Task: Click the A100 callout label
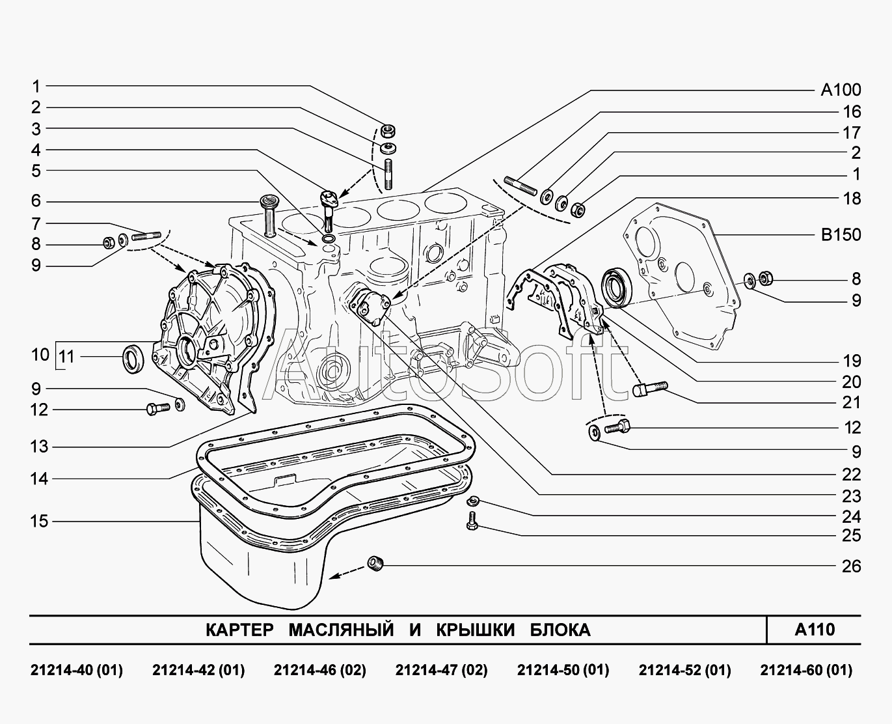point(841,90)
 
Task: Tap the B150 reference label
point(841,234)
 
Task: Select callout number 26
point(852,566)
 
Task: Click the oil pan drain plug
point(375,563)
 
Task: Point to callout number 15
point(39,522)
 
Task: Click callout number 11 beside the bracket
point(66,357)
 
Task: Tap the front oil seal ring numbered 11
point(133,359)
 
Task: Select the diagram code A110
point(815,630)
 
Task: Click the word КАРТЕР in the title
point(239,630)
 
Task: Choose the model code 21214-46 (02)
point(320,671)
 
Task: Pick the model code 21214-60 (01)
point(806,671)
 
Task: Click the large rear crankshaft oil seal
point(617,288)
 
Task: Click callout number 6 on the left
point(36,201)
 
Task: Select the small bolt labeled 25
point(472,522)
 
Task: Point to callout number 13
point(39,447)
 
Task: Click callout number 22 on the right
point(852,475)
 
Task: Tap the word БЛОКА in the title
point(560,630)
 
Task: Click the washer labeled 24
point(473,500)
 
